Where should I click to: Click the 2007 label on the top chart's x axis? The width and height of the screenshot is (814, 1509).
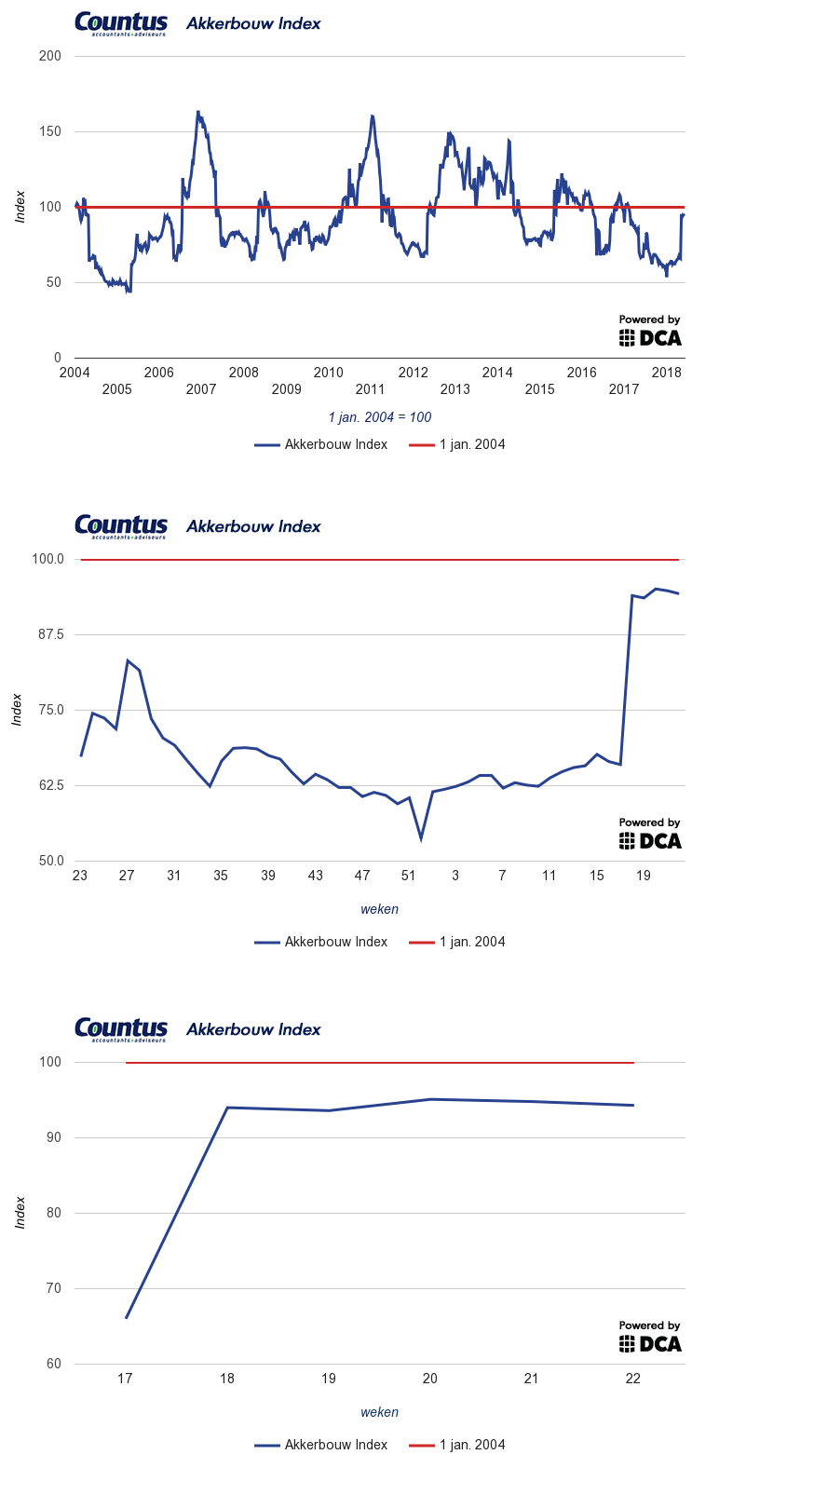point(201,389)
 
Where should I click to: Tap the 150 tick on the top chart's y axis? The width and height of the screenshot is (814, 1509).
point(50,131)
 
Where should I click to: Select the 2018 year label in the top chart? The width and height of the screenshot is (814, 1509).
point(667,373)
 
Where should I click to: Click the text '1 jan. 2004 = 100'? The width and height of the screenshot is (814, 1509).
point(380,417)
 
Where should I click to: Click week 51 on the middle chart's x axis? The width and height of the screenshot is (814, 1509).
point(408,876)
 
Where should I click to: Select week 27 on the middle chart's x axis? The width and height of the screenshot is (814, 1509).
point(127,876)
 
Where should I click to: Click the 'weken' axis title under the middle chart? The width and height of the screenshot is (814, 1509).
point(380,909)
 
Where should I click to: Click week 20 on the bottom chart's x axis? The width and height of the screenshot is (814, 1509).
point(429,1379)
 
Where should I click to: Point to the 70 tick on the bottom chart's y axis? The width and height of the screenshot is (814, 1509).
point(53,1288)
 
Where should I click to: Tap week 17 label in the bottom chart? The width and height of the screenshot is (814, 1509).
point(126,1379)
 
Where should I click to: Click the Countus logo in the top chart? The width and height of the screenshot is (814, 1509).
point(121,24)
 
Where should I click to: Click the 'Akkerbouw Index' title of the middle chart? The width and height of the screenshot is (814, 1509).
point(253,526)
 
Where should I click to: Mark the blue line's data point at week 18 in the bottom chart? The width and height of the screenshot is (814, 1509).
point(227,1108)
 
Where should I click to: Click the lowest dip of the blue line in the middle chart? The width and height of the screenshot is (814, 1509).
point(421,839)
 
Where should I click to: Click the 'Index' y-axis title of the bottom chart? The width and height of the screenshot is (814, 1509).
point(20,1213)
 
